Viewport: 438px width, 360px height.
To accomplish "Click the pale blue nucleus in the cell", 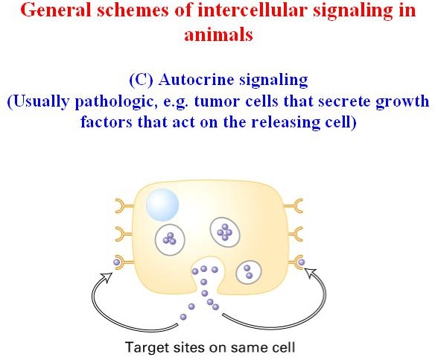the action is tap(162, 205).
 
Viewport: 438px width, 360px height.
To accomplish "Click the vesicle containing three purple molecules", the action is tap(170, 239).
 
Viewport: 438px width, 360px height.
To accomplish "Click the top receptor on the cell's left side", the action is tap(124, 206).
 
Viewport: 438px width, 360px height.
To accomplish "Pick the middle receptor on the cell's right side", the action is tap(293, 234).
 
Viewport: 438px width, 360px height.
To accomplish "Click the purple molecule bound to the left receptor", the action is tap(117, 262).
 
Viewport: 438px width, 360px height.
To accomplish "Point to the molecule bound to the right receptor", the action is tap(302, 262).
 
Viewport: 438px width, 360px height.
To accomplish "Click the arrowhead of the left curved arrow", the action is tap(107, 277).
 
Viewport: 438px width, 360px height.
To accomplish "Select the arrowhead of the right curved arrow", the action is tap(310, 273).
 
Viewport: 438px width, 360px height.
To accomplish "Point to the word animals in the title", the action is tap(218, 34).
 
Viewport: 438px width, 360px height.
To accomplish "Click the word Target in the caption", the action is tap(147, 347).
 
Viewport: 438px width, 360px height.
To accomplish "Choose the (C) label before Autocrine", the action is tap(142, 80).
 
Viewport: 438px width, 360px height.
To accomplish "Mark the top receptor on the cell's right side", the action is tap(293, 206).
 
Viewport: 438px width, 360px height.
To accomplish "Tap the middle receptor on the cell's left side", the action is tap(124, 234).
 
